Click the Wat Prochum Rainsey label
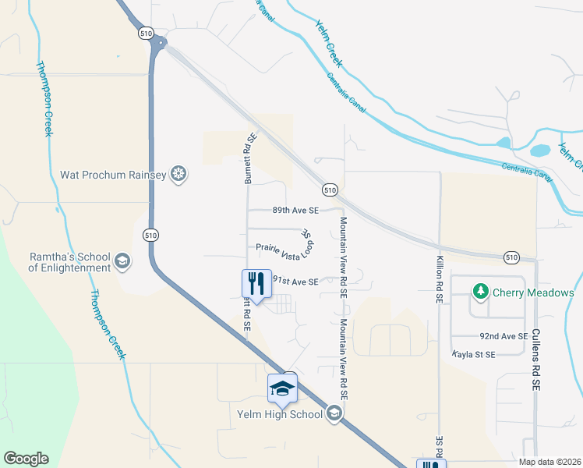coord(115,175)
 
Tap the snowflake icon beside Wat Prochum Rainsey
coord(178,175)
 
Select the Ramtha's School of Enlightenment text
coord(70,261)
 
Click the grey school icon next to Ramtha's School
coord(122,261)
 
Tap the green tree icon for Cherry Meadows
coord(480,293)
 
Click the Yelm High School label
coord(280,414)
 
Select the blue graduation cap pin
coord(282,388)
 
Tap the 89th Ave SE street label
coord(295,211)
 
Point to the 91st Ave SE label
coord(295,282)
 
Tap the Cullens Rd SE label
coord(535,359)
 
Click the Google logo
coord(26,459)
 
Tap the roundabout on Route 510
coord(160,43)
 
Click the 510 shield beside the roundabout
coord(147,34)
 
